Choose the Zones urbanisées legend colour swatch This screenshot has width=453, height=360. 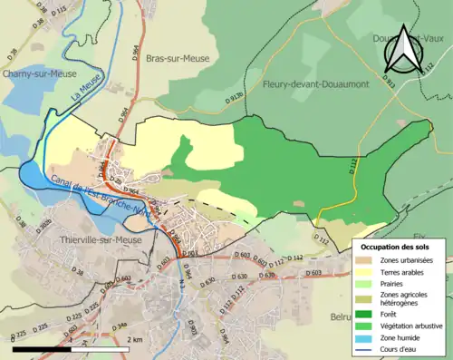(371, 260)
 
